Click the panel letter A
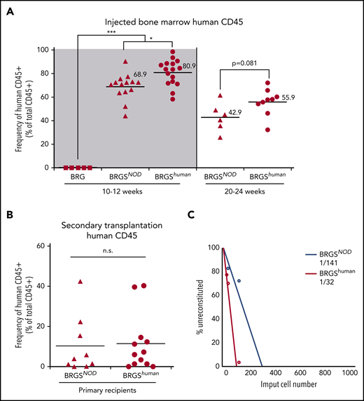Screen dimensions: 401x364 tap(9, 9)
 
